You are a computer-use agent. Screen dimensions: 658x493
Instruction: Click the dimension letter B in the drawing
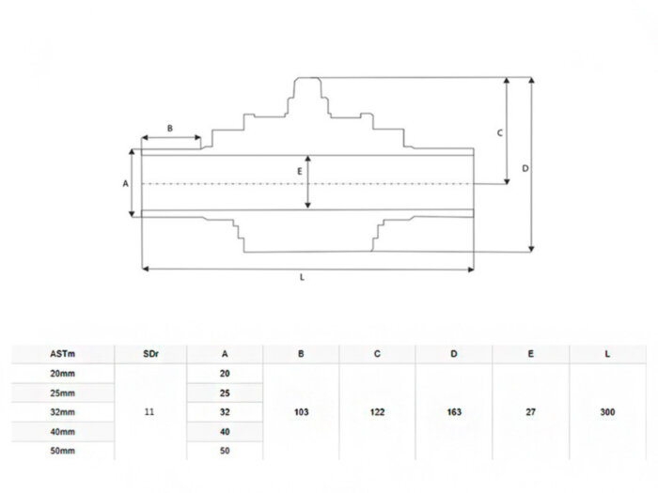pyautogui.click(x=170, y=128)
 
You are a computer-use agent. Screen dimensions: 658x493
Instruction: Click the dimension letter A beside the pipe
pyautogui.click(x=125, y=183)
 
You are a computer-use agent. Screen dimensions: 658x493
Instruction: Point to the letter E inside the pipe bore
pyautogui.click(x=300, y=171)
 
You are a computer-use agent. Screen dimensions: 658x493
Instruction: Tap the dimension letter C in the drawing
pyautogui.click(x=500, y=133)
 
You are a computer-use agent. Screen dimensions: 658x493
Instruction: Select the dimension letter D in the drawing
pyautogui.click(x=525, y=168)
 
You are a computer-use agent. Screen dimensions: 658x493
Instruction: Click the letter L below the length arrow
pyautogui.click(x=302, y=278)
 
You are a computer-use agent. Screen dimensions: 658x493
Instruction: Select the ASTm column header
pyautogui.click(x=63, y=354)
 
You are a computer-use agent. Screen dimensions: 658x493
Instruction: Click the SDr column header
pyautogui.click(x=150, y=354)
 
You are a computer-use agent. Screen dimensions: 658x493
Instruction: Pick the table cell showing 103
pyautogui.click(x=302, y=412)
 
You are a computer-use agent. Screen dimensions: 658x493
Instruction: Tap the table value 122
pyautogui.click(x=377, y=412)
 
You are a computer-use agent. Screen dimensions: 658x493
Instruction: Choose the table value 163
pyautogui.click(x=454, y=412)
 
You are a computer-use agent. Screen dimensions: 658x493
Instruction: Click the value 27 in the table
pyautogui.click(x=531, y=412)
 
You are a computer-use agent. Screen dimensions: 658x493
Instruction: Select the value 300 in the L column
pyautogui.click(x=607, y=412)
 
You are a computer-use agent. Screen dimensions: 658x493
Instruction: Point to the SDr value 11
pyautogui.click(x=149, y=412)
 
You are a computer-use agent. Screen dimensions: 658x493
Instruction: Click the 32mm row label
pyautogui.click(x=63, y=412)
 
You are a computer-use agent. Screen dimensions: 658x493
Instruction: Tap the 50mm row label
pyautogui.click(x=63, y=451)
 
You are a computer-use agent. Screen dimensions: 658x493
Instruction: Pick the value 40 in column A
pyautogui.click(x=225, y=432)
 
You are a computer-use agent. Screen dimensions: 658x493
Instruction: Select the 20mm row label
pyautogui.click(x=63, y=374)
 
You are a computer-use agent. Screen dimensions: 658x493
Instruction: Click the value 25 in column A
pyautogui.click(x=225, y=393)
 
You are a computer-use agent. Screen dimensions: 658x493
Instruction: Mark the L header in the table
pyautogui.click(x=607, y=354)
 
